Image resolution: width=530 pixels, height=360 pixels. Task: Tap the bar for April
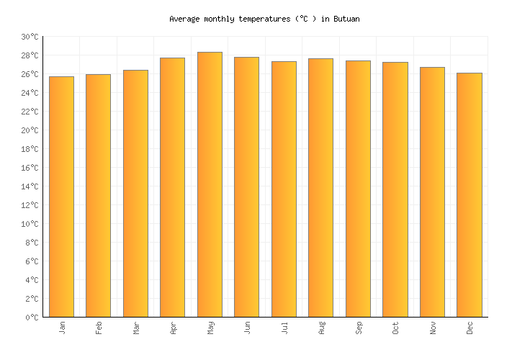172,187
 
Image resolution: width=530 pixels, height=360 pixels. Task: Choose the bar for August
320,187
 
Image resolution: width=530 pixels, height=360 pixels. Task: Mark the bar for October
395,189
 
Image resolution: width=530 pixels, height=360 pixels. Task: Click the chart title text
264,19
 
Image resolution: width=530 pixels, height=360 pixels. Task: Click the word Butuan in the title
346,19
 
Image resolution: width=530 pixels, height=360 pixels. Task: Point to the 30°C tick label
30,37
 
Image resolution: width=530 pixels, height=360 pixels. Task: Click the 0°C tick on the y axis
32,318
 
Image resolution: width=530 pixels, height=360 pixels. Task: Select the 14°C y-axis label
30,186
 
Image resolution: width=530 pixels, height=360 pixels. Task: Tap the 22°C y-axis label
30,112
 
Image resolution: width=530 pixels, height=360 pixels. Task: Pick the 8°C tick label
32,243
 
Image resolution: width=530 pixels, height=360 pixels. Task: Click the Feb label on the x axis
99,328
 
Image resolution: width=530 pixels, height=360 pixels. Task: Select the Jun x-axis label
247,328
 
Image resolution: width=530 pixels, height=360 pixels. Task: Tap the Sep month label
359,328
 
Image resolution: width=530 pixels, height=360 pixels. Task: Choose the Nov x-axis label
433,328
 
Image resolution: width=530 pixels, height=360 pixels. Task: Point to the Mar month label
136,328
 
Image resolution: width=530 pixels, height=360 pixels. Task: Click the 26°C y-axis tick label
30,74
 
